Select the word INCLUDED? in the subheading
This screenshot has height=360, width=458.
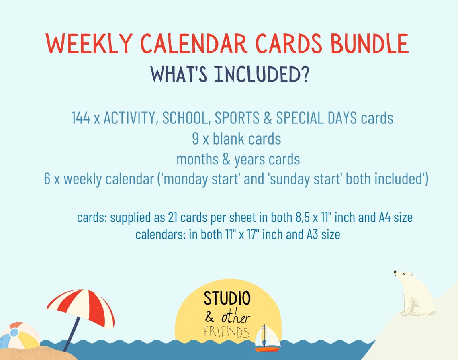coord(262,75)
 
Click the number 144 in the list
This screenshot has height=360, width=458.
coord(80,118)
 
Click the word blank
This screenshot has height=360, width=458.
coord(229,139)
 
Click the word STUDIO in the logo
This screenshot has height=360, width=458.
coord(227,298)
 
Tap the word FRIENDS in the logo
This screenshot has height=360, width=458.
coord(226,332)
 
